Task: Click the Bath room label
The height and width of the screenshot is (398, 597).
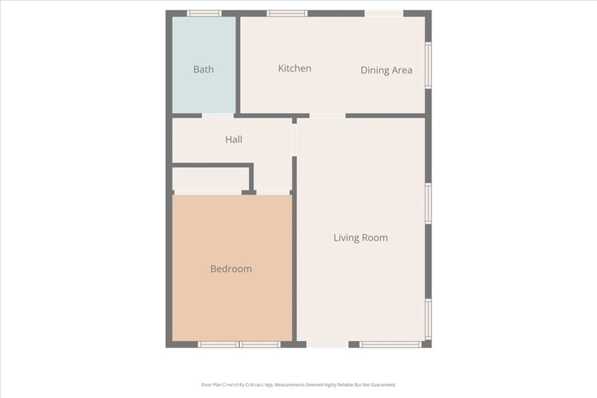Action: [203, 69]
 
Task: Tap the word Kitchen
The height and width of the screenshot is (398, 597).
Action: [294, 68]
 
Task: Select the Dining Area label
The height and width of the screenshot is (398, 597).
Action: [386, 70]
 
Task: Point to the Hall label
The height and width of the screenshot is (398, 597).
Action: [234, 139]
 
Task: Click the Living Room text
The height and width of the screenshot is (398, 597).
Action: [360, 237]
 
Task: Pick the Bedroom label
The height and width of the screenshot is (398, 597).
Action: [231, 269]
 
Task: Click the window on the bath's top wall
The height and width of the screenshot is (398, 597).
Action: [204, 13]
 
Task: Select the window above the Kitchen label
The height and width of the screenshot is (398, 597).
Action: [287, 13]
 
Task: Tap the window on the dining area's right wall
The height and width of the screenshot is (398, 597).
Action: [429, 65]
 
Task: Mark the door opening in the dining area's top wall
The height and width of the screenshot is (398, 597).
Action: [384, 13]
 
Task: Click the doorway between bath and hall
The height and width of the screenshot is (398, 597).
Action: [217, 115]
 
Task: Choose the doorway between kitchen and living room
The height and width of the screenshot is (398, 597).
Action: [327, 115]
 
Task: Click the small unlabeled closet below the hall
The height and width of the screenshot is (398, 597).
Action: [210, 178]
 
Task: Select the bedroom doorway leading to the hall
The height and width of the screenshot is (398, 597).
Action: [273, 192]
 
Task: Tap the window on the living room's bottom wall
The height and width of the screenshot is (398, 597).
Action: [390, 344]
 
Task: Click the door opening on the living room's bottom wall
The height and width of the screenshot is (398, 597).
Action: [327, 344]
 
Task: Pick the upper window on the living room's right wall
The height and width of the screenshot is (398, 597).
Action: [429, 203]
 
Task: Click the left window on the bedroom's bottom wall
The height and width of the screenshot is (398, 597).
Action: [218, 344]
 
